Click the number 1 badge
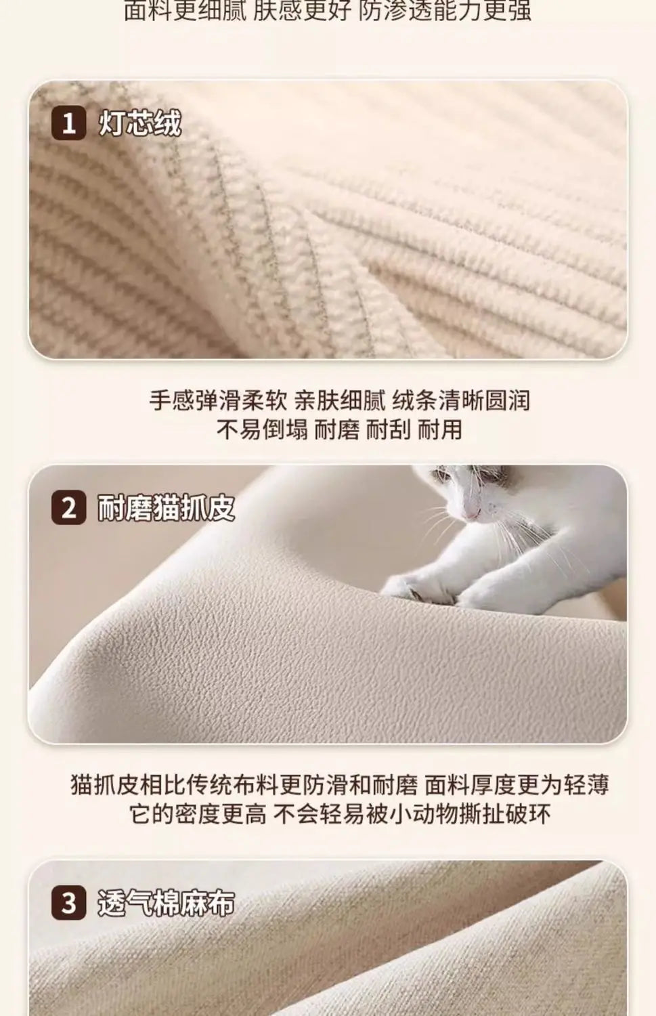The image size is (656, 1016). [x=69, y=124]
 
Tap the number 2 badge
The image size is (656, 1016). [x=69, y=508]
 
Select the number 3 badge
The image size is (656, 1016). [x=69, y=904]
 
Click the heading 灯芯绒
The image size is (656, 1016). [x=140, y=124]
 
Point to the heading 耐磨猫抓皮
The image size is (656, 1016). [x=167, y=508]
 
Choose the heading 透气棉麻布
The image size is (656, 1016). [x=167, y=904]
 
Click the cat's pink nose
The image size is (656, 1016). [x=470, y=514]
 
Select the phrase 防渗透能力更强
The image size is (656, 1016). [x=445, y=12]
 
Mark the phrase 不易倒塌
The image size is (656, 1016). [x=261, y=429]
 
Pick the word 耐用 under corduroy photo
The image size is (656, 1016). [x=439, y=429]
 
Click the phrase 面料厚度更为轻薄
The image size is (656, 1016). [x=517, y=784]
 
